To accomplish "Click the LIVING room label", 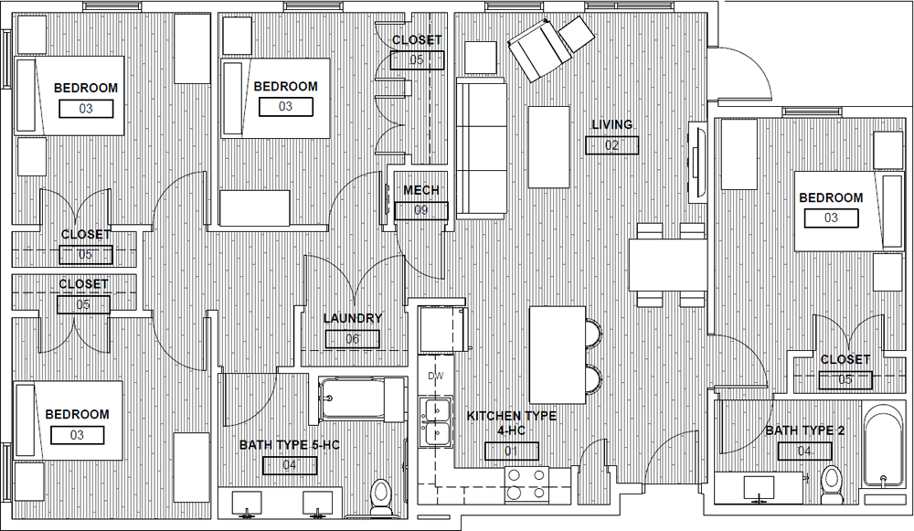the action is [611, 124].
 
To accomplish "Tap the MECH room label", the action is [420, 190].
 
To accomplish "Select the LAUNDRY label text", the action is [352, 318].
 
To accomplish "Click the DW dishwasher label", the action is [435, 376].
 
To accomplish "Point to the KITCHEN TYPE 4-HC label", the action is [511, 423].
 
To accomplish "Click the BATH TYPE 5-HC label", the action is [289, 445].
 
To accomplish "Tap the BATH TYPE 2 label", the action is [804, 430].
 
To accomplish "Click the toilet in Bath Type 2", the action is [830, 483].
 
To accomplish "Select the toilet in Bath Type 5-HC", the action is [381, 497].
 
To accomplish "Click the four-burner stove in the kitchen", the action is [526, 484].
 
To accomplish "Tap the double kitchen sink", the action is [435, 421].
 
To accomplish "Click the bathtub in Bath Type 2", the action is [883, 448].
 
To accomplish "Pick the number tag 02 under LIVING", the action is [611, 145].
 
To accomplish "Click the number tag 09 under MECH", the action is [420, 210].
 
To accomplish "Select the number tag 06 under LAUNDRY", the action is [352, 339].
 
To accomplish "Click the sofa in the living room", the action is [482, 148].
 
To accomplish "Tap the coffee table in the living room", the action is [548, 147].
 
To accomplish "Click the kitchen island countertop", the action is [558, 355].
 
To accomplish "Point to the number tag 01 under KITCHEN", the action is [511, 451].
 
